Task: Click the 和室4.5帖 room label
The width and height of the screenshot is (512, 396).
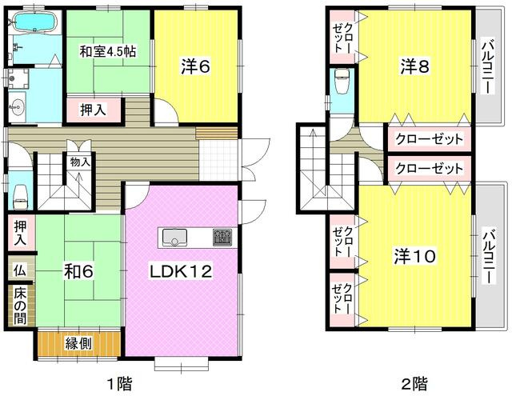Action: point(106,51)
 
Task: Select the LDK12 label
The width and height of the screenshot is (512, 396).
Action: point(181,272)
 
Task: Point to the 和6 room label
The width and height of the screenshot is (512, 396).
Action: point(79,272)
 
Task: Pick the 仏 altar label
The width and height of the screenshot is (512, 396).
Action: point(19,270)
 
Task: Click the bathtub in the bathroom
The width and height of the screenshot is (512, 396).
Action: point(33,23)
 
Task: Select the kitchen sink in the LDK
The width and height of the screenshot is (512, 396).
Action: point(174,237)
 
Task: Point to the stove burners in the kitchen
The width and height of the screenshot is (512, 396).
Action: point(222,237)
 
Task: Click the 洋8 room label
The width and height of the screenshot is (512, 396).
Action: point(415,67)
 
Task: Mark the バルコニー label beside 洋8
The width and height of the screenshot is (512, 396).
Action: point(486,67)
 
